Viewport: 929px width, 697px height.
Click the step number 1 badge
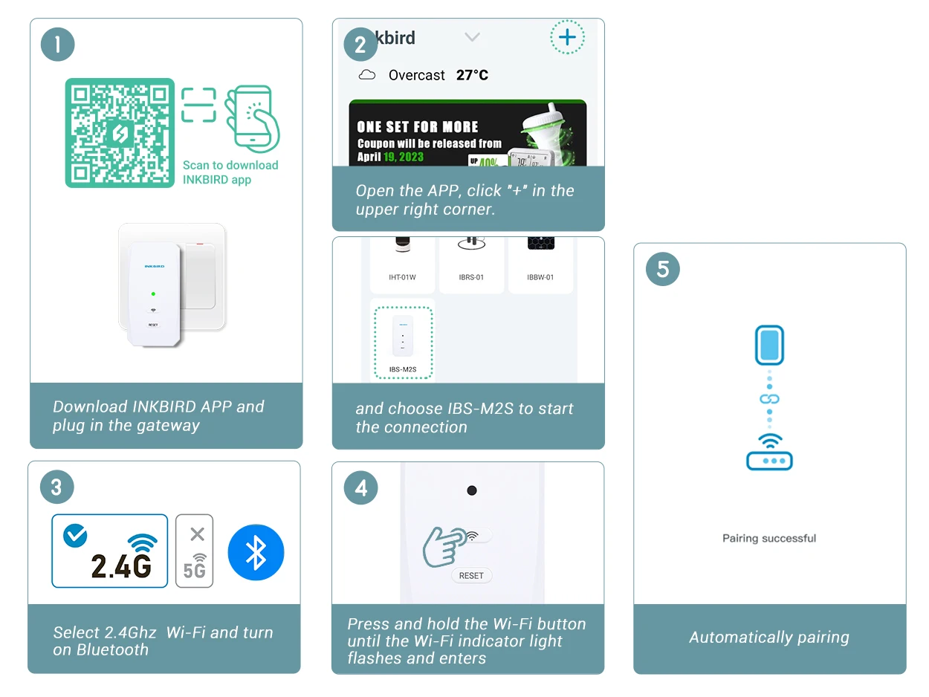click(x=57, y=45)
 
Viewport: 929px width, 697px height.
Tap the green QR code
click(x=120, y=133)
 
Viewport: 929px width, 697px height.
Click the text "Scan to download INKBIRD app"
click(x=230, y=172)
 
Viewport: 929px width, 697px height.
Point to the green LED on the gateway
click(x=153, y=294)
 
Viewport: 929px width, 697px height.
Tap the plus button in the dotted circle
click(x=567, y=37)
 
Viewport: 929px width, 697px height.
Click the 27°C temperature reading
click(x=472, y=75)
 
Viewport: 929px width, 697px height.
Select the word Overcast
click(x=416, y=75)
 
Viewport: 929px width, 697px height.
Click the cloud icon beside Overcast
click(x=367, y=75)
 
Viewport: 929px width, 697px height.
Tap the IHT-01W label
click(x=402, y=277)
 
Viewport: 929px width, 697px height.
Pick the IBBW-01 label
click(x=540, y=277)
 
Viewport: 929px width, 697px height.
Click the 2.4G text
click(x=121, y=566)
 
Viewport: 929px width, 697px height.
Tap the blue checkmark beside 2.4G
click(x=75, y=536)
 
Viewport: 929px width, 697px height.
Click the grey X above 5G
click(x=197, y=534)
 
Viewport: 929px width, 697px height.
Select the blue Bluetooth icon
click(x=256, y=552)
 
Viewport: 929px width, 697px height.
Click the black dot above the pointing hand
click(x=471, y=490)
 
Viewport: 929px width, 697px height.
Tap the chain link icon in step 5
click(x=769, y=399)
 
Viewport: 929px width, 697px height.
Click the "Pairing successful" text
click(x=769, y=538)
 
